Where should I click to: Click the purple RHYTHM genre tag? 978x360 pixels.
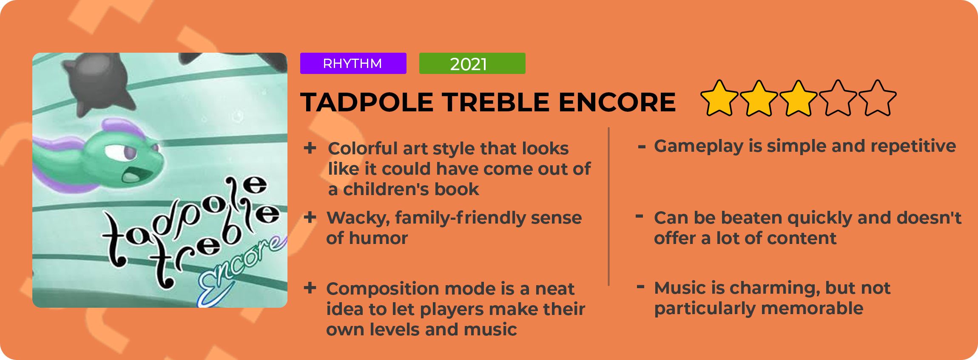(353, 63)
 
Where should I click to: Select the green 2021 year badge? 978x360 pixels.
(472, 63)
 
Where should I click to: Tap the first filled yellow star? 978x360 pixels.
(719, 98)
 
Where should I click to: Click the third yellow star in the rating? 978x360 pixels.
(799, 98)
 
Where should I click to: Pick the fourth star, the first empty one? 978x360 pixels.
(838, 98)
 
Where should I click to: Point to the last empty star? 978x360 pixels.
(878, 98)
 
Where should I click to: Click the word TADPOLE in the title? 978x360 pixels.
(367, 102)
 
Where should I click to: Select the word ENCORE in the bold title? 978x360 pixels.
(617, 102)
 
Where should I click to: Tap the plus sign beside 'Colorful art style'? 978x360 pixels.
(310, 148)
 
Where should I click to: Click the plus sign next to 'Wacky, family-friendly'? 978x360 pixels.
(310, 217)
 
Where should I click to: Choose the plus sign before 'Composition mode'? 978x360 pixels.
(310, 288)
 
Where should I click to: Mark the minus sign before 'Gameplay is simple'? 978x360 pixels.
(642, 147)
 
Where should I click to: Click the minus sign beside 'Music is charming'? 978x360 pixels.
(641, 287)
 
